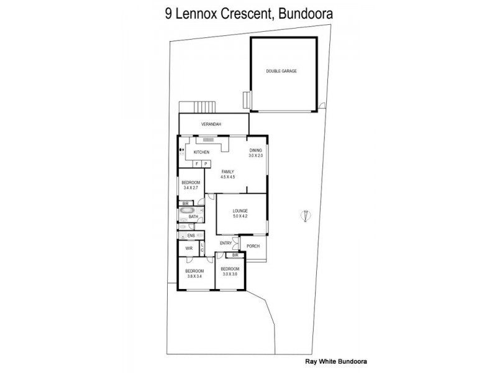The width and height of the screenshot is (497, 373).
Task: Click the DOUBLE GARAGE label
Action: [x=281, y=71]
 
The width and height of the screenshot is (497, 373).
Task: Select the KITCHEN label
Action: [x=201, y=152]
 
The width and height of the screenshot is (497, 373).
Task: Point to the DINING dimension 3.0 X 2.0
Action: [x=256, y=155]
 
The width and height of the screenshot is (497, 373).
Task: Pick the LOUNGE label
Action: [x=240, y=211]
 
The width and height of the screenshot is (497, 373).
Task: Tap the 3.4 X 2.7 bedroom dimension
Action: [x=191, y=187]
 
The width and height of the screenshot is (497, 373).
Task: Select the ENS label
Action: [x=191, y=236]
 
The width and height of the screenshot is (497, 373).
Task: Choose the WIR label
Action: [x=188, y=249]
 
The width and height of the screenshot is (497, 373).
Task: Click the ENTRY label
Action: [x=226, y=242]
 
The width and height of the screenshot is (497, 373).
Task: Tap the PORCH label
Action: [x=253, y=247]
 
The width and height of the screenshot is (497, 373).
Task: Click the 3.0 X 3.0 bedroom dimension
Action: [x=230, y=274]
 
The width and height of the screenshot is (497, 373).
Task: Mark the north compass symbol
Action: [x=304, y=216]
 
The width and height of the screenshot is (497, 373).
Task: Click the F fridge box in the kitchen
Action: [x=197, y=163]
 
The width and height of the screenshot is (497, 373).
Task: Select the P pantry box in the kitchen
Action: [x=206, y=163]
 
